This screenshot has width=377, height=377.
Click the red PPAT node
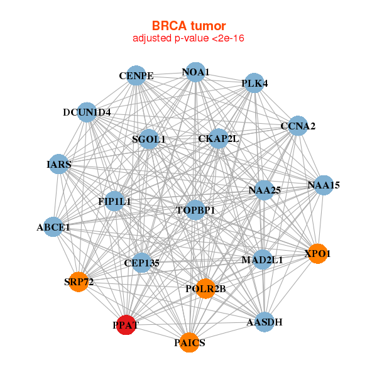tap(126, 325)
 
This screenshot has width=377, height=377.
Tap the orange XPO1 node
tap(317, 253)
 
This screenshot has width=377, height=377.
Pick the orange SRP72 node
tap(79, 281)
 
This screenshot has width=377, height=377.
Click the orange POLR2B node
tap(205, 288)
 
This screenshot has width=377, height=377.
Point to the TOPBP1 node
tap(195, 210)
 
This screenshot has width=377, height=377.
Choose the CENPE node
tap(136, 76)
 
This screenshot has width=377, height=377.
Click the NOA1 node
tap(195, 72)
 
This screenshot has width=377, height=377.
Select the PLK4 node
tap(254, 83)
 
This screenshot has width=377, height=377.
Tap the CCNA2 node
tap(297, 126)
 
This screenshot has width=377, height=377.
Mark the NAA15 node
tap(324, 185)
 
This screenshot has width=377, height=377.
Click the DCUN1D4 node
tap(87, 112)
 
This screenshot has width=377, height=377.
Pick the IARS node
tap(58, 164)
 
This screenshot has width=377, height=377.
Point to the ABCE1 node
tap(53, 227)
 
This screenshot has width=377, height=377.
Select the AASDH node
tap(265, 322)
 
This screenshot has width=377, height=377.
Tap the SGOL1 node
tap(149, 139)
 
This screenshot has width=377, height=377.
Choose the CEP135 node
tap(141, 262)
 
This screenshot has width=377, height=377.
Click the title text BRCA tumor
tap(188, 26)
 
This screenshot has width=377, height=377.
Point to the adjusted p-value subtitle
tap(188, 38)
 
